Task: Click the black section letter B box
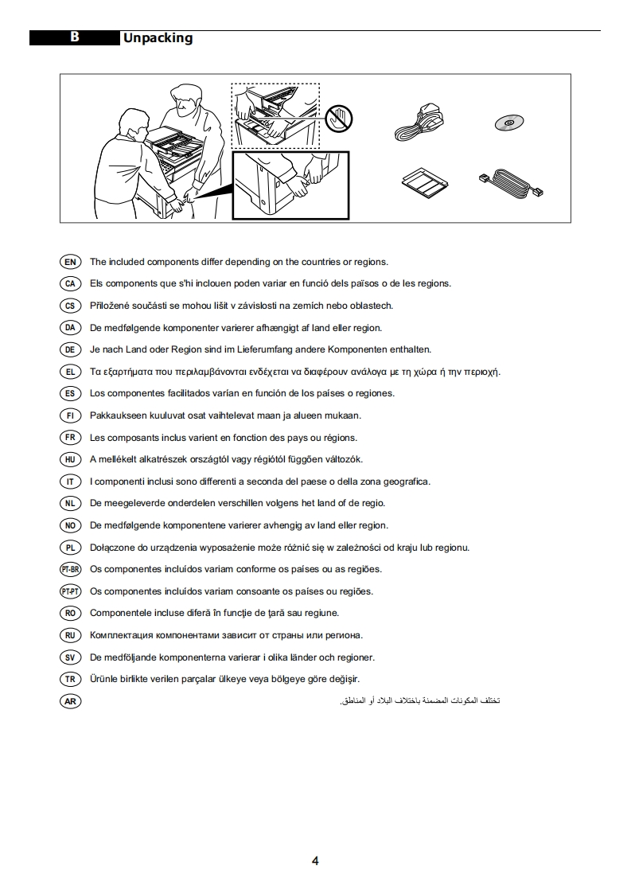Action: pyautogui.click(x=75, y=37)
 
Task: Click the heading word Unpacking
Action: pyautogui.click(x=158, y=38)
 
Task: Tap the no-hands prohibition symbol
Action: pyautogui.click(x=340, y=119)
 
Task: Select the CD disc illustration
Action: pyautogui.click(x=509, y=122)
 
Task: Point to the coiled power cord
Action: pyautogui.click(x=419, y=121)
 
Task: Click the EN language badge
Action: pyautogui.click(x=70, y=262)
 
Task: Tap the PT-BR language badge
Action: pyautogui.click(x=70, y=570)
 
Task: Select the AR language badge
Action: pyautogui.click(x=70, y=701)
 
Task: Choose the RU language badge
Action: pyautogui.click(x=70, y=635)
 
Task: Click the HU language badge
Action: pyautogui.click(x=70, y=459)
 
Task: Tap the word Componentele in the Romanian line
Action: pyautogui.click(x=119, y=614)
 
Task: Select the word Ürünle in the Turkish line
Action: pyautogui.click(x=103, y=679)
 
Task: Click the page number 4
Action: pyautogui.click(x=315, y=861)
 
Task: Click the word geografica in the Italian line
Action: pyautogui.click(x=407, y=482)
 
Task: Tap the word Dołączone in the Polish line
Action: pyautogui.click(x=112, y=548)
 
